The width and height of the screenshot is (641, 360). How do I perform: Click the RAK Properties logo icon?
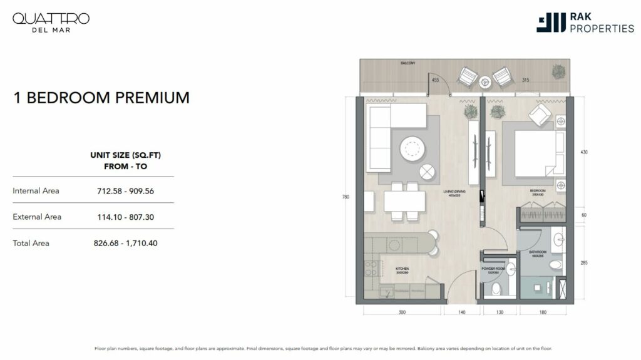pos(551,23)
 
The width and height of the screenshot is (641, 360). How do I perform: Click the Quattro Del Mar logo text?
pos(51,22)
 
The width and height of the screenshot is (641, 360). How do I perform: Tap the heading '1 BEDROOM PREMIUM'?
pos(101,98)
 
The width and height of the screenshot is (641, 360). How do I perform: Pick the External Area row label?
pos(37,217)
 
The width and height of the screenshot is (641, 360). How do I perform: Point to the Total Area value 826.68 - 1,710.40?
pos(125,243)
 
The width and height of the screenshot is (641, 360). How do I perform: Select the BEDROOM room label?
pos(537,190)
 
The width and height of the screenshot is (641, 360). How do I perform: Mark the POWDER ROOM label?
pos(493,269)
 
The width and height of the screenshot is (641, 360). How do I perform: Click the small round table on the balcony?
pos(485,81)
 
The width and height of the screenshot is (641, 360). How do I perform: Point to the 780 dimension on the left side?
pos(345,197)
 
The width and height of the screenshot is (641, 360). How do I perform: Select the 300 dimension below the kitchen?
pos(402,312)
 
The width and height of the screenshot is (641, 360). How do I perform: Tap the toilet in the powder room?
pos(496,289)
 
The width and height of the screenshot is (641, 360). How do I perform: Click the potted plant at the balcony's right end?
pos(558,71)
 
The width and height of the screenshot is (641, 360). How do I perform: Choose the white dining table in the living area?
pos(404,200)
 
